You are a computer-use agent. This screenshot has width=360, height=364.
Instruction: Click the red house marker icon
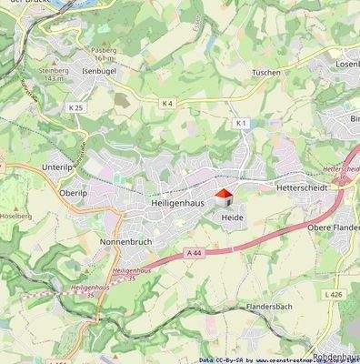pos(223,197)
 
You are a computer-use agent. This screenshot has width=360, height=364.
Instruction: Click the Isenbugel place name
pos(101,69)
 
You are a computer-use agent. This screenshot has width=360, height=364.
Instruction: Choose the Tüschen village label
pos(265,71)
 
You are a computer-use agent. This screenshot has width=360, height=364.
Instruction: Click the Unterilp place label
pos(63,167)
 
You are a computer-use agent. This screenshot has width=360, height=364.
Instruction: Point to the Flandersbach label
pos(266,308)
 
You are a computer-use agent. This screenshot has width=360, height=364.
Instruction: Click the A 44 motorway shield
pos(192,252)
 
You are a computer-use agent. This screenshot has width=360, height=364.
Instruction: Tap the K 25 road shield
pos(75,107)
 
